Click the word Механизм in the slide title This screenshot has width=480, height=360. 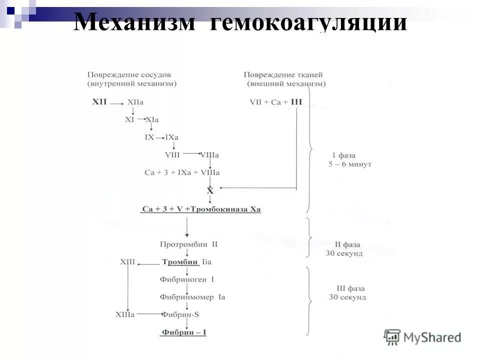[x=134, y=22]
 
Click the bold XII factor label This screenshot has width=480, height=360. [x=99, y=101]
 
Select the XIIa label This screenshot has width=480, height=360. [x=135, y=102]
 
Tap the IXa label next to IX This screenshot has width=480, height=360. [x=171, y=137]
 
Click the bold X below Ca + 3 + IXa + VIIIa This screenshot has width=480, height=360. [x=210, y=190]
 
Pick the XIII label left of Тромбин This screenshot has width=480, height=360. [x=127, y=262]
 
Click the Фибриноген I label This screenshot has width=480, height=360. [x=186, y=279]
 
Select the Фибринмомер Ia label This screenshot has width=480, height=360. [x=192, y=297]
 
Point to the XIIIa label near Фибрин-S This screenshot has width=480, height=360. [x=125, y=314]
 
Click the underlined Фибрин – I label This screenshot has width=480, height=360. [x=183, y=332]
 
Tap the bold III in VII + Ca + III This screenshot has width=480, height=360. [x=296, y=102]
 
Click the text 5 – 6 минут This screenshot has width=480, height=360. [x=349, y=164]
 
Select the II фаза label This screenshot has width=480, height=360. [x=346, y=244]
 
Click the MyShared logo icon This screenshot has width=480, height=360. [x=392, y=337]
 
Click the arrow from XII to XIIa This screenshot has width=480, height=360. [x=117, y=103]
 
